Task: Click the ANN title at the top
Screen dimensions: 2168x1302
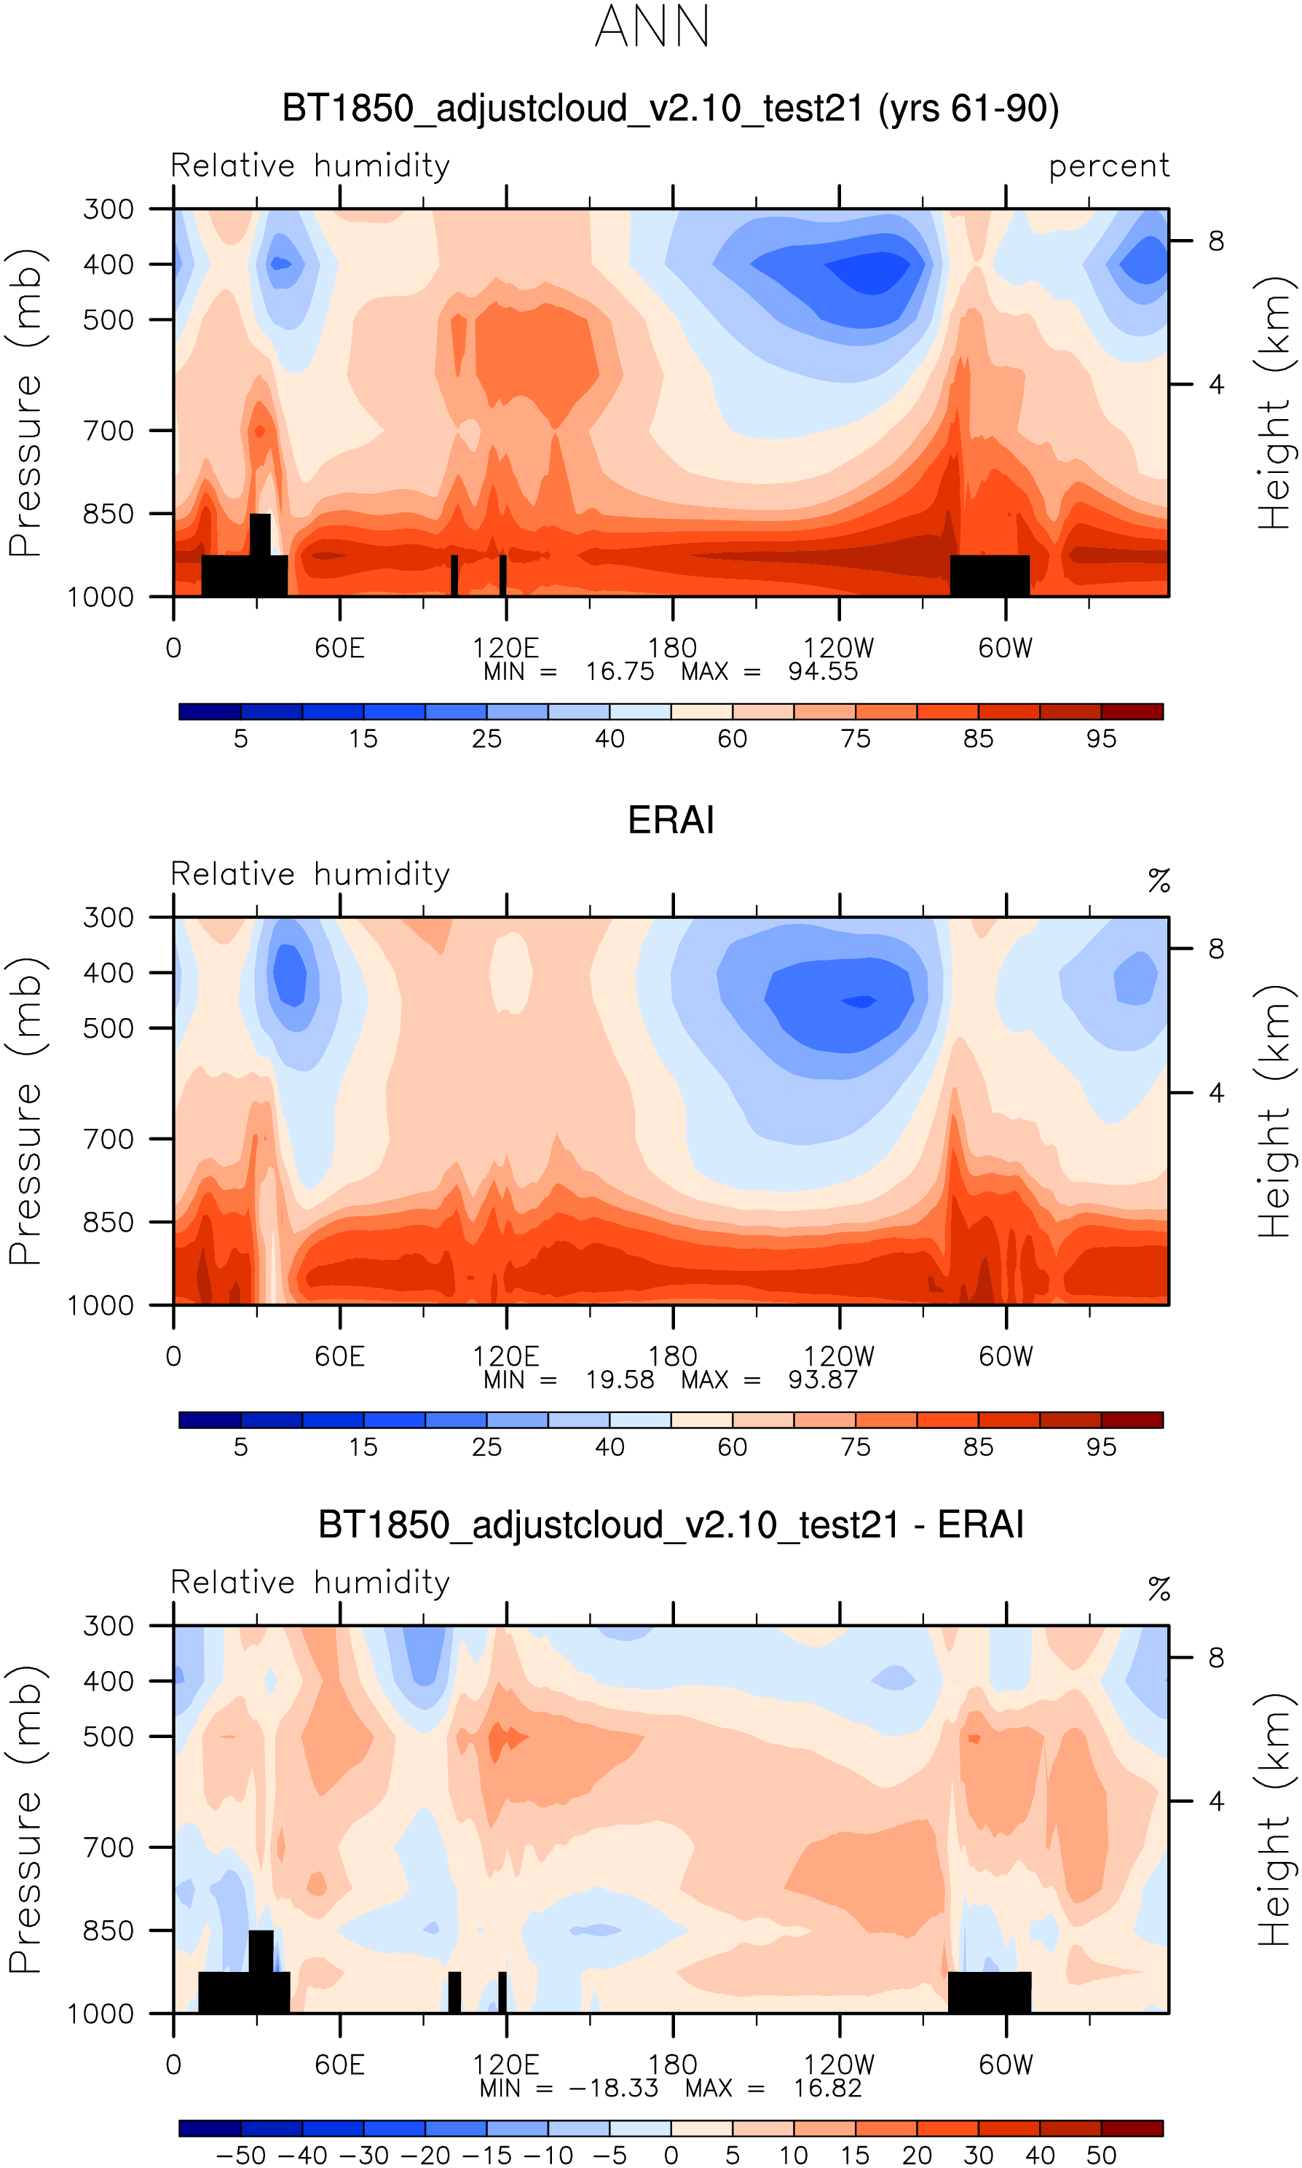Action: click(x=652, y=27)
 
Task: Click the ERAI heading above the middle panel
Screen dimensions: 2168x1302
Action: click(x=671, y=820)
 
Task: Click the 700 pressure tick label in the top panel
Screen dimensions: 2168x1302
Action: click(x=108, y=431)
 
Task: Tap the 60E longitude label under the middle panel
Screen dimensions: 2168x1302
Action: click(x=339, y=1357)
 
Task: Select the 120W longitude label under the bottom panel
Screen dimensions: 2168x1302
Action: click(x=839, y=2065)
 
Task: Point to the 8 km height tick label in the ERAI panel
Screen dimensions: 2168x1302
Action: click(x=1216, y=949)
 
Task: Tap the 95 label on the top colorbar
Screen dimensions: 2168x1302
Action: click(x=1102, y=738)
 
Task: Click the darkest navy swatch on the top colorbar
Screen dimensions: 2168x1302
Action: click(x=210, y=711)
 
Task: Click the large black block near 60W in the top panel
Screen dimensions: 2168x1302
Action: click(x=990, y=575)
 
